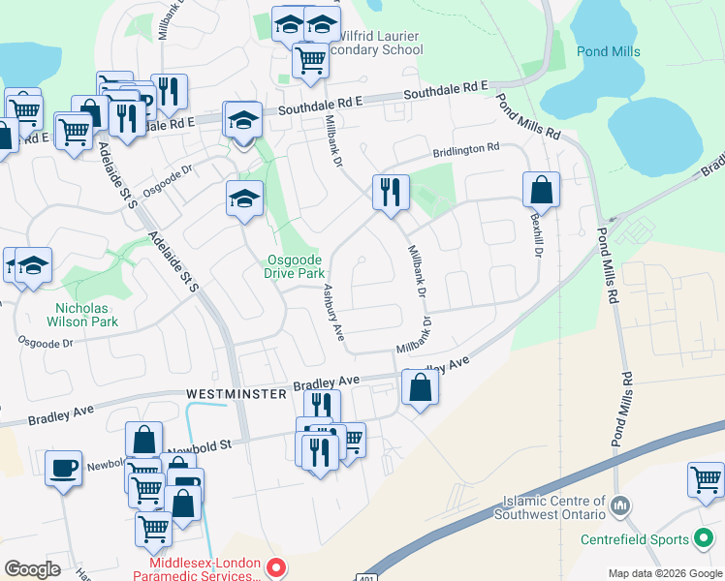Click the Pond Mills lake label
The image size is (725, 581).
pyautogui.click(x=609, y=51)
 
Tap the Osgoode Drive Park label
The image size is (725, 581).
pyautogui.click(x=295, y=266)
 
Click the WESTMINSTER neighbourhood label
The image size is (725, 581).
pyautogui.click(x=236, y=394)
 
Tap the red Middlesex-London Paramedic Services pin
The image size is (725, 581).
pyautogui.click(x=275, y=568)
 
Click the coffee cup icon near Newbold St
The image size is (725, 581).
pyautogui.click(x=64, y=468)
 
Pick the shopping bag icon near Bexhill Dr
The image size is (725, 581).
pyautogui.click(x=541, y=189)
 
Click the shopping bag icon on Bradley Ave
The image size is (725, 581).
pyautogui.click(x=420, y=387)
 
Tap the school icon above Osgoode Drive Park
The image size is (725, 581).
pyautogui.click(x=244, y=199)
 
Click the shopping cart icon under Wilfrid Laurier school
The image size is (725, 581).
pyautogui.click(x=310, y=60)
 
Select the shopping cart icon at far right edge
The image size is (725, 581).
pyautogui.click(x=706, y=479)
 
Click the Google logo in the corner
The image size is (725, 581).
pyautogui.click(x=32, y=569)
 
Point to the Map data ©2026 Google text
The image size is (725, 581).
pyautogui.click(x=665, y=573)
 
